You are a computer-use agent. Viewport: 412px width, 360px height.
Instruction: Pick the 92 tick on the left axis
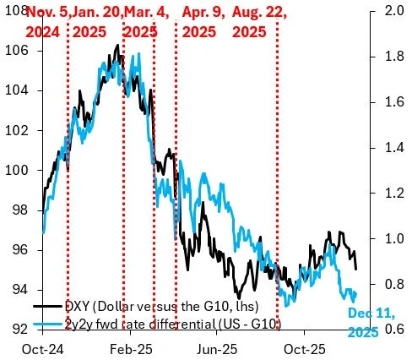pyautogui.click(x=20, y=330)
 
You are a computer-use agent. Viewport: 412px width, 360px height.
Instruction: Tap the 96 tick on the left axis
pyautogui.click(x=20, y=250)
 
